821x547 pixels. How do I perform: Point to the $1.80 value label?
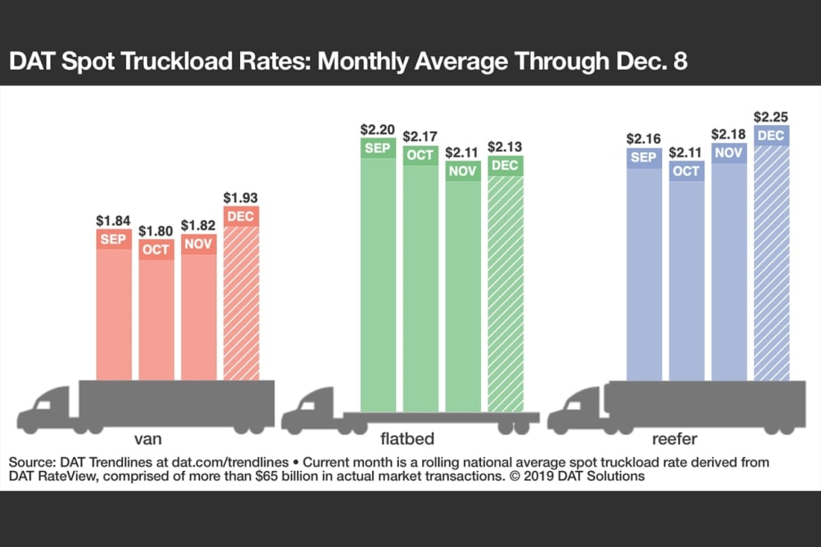click(x=156, y=232)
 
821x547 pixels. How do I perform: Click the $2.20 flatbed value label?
click(x=377, y=128)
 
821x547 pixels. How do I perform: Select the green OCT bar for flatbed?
click(x=420, y=277)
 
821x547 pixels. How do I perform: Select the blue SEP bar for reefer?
click(x=643, y=268)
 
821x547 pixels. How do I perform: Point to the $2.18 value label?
click(x=728, y=134)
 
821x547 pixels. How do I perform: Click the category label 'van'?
click(x=148, y=440)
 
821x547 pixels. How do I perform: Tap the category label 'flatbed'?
click(x=410, y=440)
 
